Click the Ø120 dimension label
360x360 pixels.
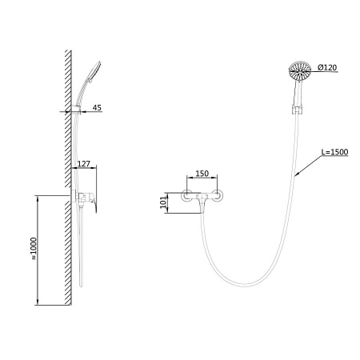coord(327,68)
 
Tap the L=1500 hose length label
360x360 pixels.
coord(334,152)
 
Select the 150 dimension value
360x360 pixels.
coord(202,174)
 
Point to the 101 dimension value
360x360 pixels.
coord(164,202)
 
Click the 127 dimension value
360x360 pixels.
coord(84,163)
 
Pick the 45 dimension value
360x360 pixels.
coord(97,107)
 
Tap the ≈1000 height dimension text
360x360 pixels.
coord(34,249)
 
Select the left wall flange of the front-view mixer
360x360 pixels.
coord(187,196)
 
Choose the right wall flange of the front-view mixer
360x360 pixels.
coord(218,196)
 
